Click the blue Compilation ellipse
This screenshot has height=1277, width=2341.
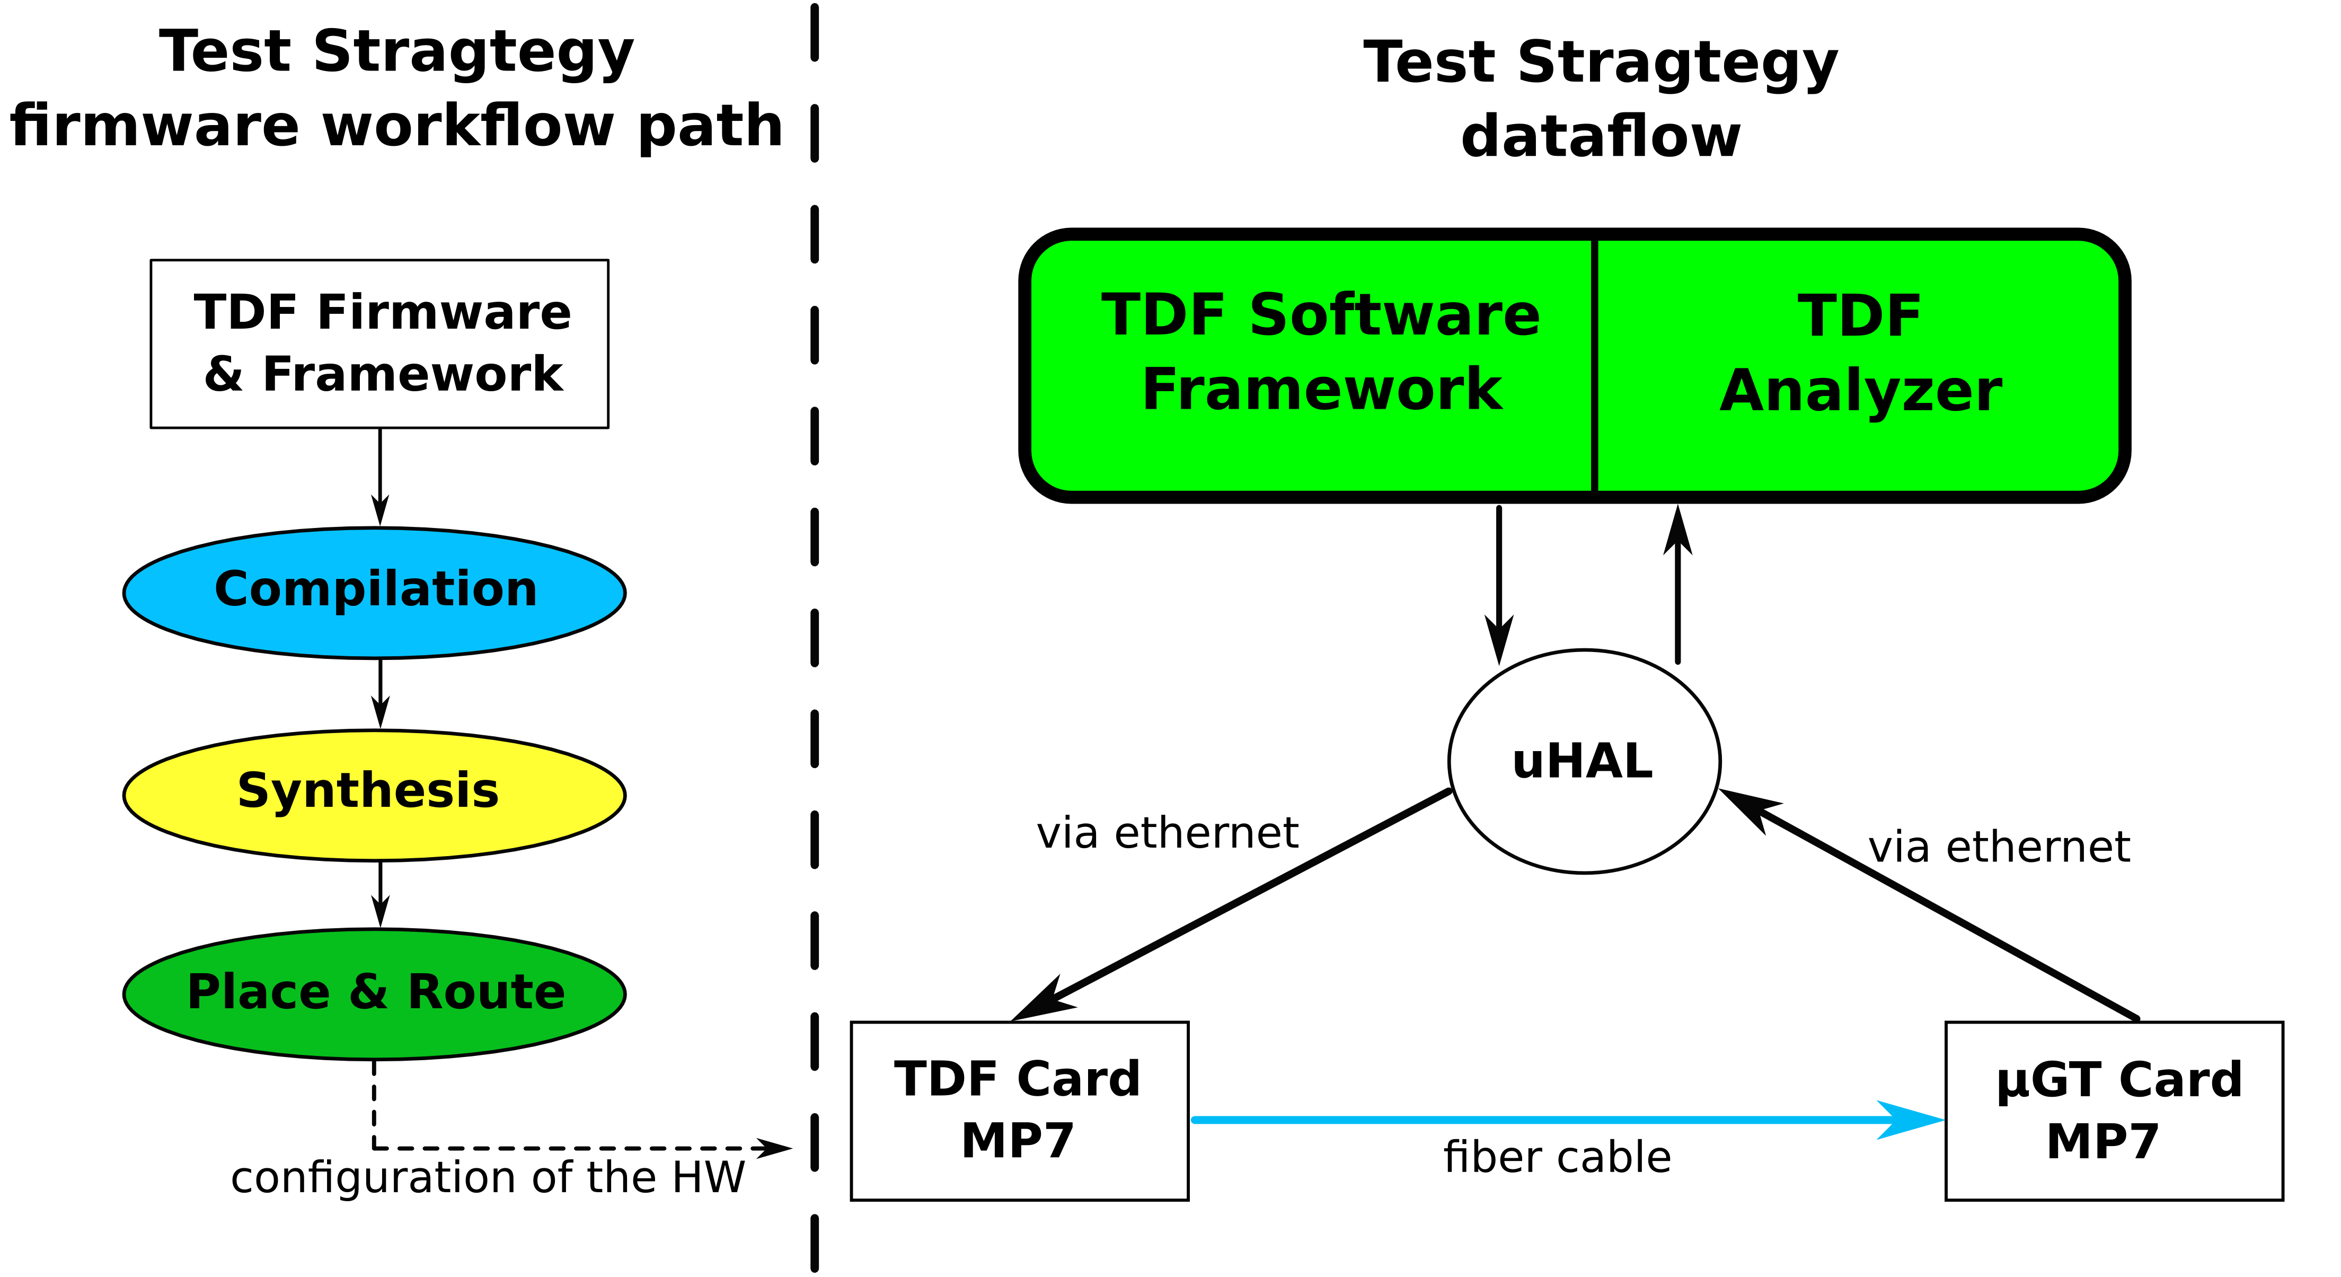[374, 593]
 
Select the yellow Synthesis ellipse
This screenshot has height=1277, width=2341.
[374, 795]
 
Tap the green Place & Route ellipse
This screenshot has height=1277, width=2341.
[374, 994]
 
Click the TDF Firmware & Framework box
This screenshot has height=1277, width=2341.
[380, 344]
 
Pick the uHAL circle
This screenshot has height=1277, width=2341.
[1584, 762]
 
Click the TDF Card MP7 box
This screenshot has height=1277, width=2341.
[1020, 1111]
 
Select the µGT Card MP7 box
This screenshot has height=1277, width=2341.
[2114, 1111]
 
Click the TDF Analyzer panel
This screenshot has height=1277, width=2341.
[1859, 365]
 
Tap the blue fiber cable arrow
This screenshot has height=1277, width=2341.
[1569, 1120]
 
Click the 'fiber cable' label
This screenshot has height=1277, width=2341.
[1558, 1158]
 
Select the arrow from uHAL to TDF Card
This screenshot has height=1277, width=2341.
[1231, 905]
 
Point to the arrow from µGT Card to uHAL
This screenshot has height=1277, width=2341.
[1929, 904]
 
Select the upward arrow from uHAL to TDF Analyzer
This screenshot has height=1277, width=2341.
[1677, 584]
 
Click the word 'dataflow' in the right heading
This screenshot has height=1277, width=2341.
[1601, 137]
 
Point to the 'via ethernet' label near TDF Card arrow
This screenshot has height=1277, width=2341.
[1168, 833]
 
